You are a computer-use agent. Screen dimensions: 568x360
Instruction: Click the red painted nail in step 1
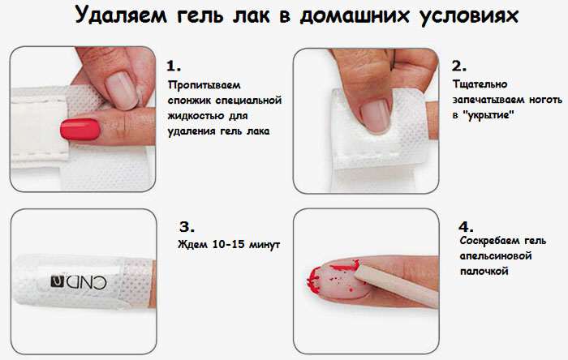point(80,130)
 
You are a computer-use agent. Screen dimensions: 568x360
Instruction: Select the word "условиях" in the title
point(470,16)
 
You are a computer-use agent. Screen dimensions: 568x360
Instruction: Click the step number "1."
point(174,66)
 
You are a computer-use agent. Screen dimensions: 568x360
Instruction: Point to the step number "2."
point(459,66)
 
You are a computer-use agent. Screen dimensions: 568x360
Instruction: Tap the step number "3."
point(187,227)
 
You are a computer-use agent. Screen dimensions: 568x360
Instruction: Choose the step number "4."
point(466,227)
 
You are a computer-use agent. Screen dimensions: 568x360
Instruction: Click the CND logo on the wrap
point(79,282)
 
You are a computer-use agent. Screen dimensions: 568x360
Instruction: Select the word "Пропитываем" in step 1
point(204,85)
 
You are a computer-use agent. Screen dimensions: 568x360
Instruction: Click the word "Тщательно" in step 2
point(480,84)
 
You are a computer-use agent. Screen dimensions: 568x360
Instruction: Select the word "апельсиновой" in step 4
point(496,256)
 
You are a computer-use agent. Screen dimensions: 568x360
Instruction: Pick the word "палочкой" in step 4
point(484,272)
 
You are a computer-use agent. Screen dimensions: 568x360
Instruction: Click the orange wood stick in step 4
point(396,285)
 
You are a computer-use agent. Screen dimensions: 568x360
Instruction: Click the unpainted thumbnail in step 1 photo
point(122,90)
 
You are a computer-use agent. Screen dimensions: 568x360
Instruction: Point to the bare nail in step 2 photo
point(375,115)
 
